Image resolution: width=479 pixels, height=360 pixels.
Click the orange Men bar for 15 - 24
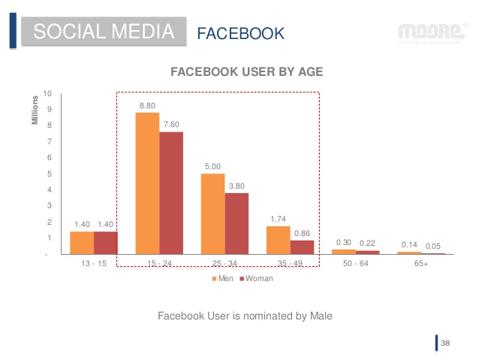pyautogui.click(x=147, y=183)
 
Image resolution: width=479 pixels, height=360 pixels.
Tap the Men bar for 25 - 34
pyautogui.click(x=213, y=214)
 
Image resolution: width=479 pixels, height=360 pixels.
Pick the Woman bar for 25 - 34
pyautogui.click(x=236, y=224)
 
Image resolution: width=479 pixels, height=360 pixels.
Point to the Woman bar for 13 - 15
pyautogui.click(x=106, y=243)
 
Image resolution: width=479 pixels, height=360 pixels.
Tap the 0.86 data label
pyautogui.click(x=302, y=234)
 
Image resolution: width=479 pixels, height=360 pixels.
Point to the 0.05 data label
pyautogui.click(x=433, y=246)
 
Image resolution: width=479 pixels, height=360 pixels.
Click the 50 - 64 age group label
pyautogui.click(x=345, y=265)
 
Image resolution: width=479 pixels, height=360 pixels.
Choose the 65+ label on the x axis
pyautogui.click(x=421, y=265)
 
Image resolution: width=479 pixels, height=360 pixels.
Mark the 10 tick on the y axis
pyautogui.click(x=47, y=94)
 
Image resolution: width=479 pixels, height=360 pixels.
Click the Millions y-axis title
pyautogui.click(x=35, y=110)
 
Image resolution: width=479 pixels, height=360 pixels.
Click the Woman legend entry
pyautogui.click(x=257, y=278)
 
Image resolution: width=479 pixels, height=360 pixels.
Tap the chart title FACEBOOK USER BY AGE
pyautogui.click(x=247, y=72)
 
